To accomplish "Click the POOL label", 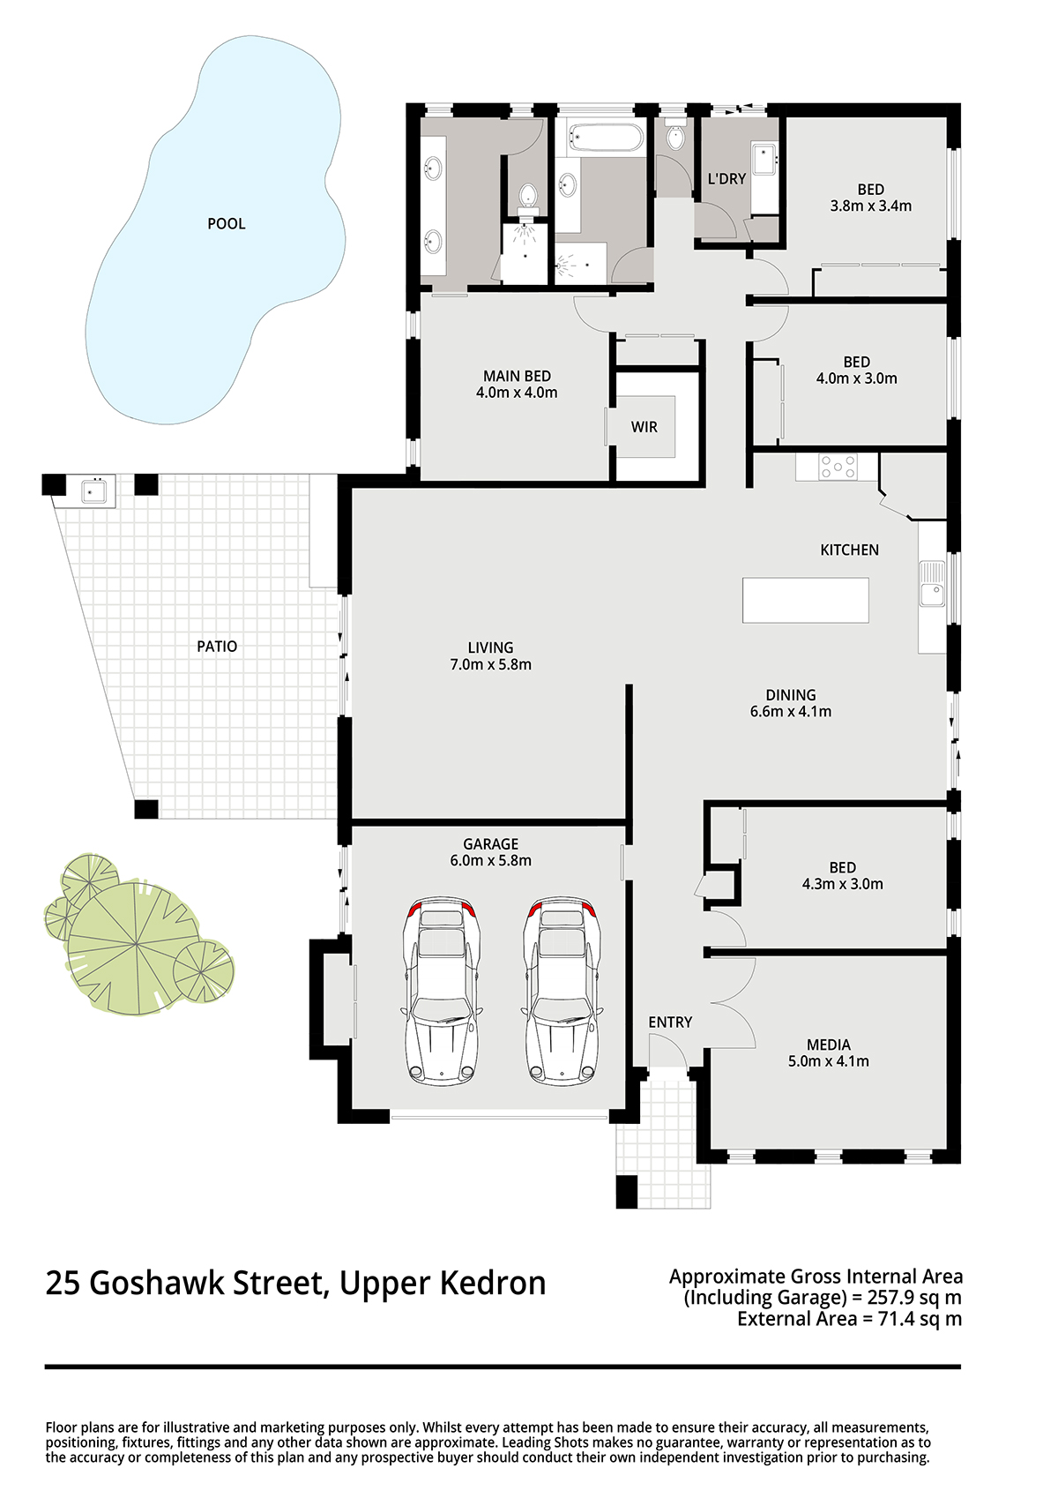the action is [x=226, y=223].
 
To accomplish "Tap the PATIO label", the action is [x=217, y=646].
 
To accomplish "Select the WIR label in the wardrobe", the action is [x=644, y=427].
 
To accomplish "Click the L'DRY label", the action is [x=726, y=178].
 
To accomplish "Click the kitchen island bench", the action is [x=805, y=600].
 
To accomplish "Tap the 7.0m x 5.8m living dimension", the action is [x=490, y=664].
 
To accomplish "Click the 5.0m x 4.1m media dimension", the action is [x=829, y=1060].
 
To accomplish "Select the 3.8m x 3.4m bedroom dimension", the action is [x=871, y=206].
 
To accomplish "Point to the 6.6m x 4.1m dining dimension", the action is [x=791, y=712].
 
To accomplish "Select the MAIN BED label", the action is [x=517, y=377].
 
